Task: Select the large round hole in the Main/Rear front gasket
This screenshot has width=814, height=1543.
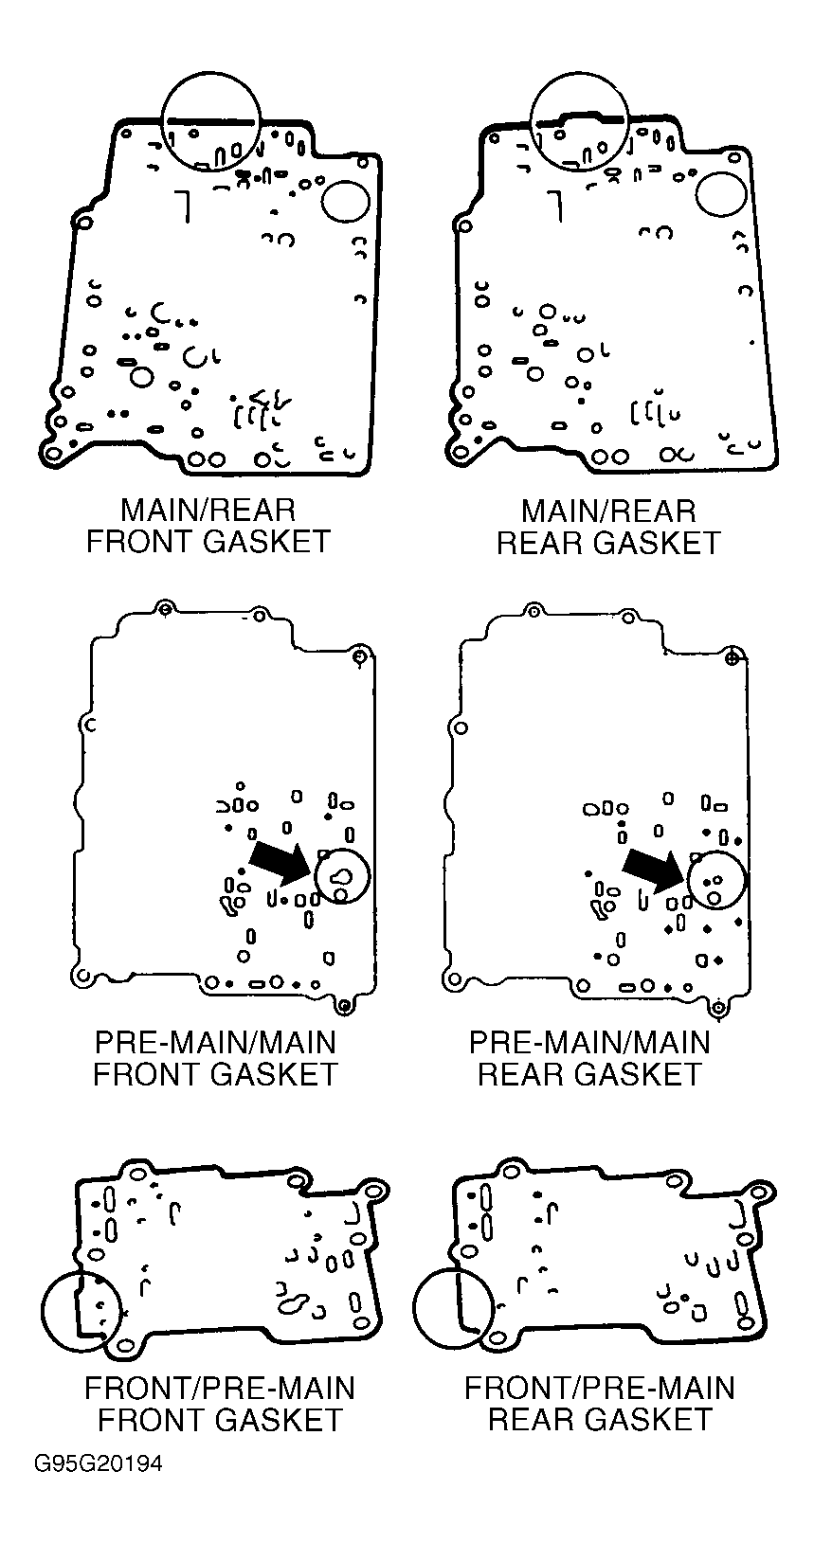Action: [346, 200]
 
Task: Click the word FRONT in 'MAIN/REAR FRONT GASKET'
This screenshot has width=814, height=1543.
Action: [141, 542]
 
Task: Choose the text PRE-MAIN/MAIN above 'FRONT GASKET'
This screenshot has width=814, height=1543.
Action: [216, 1042]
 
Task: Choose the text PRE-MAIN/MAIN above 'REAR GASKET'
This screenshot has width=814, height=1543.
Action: [589, 1042]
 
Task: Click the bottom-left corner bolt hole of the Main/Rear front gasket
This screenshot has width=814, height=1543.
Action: [51, 455]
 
